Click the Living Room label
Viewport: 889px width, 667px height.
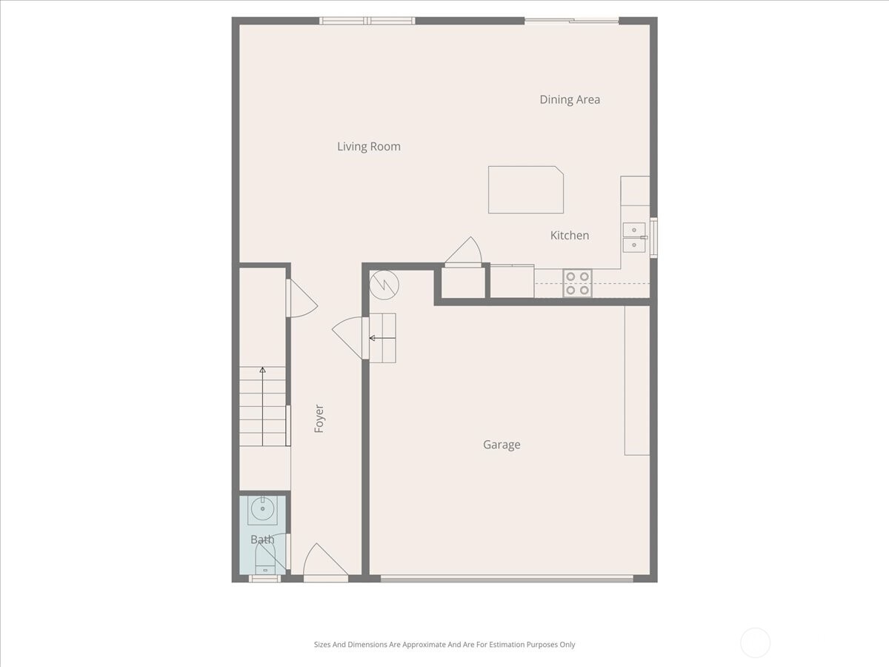click(x=369, y=147)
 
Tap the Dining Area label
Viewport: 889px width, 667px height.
click(x=570, y=99)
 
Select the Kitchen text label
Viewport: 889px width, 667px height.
click(x=570, y=235)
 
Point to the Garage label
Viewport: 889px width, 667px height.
click(x=502, y=445)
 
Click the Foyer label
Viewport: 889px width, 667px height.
click(x=319, y=419)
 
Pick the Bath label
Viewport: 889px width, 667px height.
click(x=262, y=540)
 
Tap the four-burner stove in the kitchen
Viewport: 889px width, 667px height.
click(x=577, y=283)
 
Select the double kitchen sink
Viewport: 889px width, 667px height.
click(x=633, y=237)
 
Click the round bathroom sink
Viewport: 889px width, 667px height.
click(x=262, y=510)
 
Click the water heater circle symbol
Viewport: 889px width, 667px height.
click(x=384, y=284)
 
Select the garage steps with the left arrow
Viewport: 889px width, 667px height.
click(x=382, y=337)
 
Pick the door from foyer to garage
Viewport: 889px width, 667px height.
click(x=350, y=337)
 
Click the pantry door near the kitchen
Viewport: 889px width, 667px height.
click(x=464, y=252)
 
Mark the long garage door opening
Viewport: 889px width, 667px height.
click(x=507, y=578)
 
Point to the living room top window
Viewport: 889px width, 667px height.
click(x=367, y=21)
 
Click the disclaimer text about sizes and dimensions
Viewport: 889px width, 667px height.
click(x=444, y=645)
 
